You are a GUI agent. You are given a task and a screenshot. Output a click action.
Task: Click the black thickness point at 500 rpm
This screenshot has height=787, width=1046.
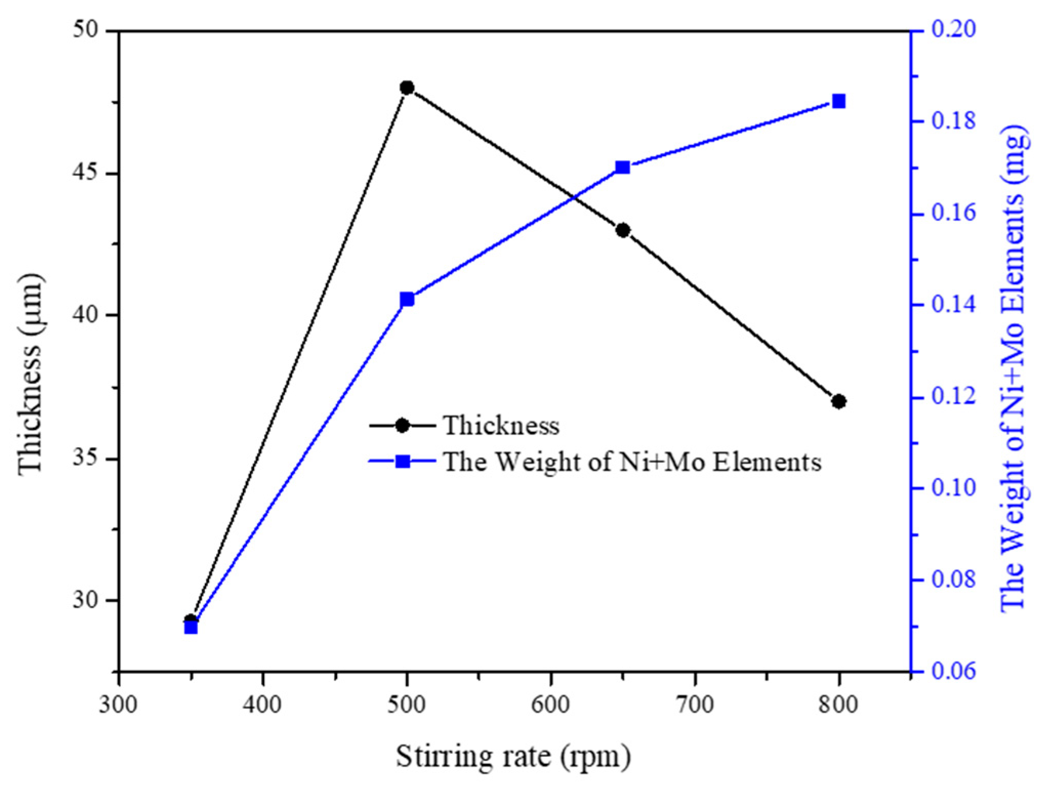(407, 88)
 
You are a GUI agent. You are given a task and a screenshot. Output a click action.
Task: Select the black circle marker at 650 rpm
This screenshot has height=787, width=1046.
(623, 231)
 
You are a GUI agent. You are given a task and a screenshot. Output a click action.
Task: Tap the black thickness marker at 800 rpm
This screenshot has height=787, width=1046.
(839, 401)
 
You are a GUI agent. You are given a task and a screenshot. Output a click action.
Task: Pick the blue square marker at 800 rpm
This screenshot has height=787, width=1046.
(839, 101)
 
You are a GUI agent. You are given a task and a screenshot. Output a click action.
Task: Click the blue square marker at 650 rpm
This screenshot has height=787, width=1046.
(623, 168)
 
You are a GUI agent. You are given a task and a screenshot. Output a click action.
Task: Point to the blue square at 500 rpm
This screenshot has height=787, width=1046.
(407, 299)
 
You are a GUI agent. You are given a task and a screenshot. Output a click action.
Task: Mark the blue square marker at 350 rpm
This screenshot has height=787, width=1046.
(191, 627)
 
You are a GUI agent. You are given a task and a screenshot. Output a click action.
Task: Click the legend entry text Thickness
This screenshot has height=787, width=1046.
(501, 426)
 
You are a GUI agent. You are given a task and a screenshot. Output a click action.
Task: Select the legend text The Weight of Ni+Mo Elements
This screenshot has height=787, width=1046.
(632, 462)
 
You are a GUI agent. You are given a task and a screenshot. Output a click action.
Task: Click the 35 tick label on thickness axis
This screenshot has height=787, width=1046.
(85, 459)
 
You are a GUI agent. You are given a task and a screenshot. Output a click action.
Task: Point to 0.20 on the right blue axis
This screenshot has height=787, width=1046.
(953, 30)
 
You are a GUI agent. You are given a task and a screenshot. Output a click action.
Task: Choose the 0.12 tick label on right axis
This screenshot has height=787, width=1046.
(953, 397)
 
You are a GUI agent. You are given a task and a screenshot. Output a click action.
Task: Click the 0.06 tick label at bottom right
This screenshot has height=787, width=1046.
(953, 671)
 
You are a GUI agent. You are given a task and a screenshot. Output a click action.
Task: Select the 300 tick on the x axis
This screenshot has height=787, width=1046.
(118, 705)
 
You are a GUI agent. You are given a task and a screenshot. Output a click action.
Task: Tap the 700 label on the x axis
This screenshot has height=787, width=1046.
(695, 705)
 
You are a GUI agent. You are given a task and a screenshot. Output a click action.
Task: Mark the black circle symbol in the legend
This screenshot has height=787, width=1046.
(403, 425)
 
